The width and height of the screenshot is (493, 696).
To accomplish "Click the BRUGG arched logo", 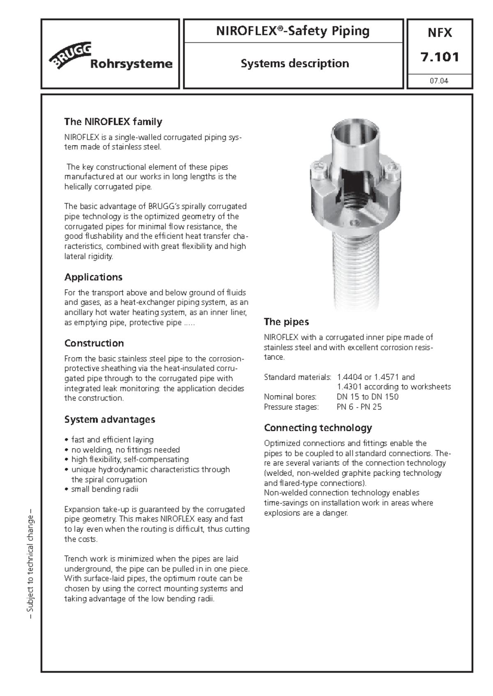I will point(70,55).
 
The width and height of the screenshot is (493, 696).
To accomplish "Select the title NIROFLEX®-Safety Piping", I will point(293,31).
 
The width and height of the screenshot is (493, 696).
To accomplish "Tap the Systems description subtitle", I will point(295,64).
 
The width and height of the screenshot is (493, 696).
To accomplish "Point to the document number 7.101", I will point(440,57).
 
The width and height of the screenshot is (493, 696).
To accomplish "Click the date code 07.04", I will point(439,81).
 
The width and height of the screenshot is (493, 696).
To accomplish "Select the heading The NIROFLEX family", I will point(113,121).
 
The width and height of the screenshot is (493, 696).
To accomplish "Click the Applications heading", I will point(93,277).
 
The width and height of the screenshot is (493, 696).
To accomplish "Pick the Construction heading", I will point(94,343).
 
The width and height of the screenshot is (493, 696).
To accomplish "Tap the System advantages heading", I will point(110,419).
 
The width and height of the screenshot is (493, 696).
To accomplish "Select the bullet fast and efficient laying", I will point(112,440).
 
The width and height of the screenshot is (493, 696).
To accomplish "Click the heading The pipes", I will point(286,322).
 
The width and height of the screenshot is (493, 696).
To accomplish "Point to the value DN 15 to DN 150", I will point(367,397).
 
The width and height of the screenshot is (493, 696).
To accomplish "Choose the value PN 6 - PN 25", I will point(359,407).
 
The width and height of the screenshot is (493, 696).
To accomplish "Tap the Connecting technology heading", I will point(318,428).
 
